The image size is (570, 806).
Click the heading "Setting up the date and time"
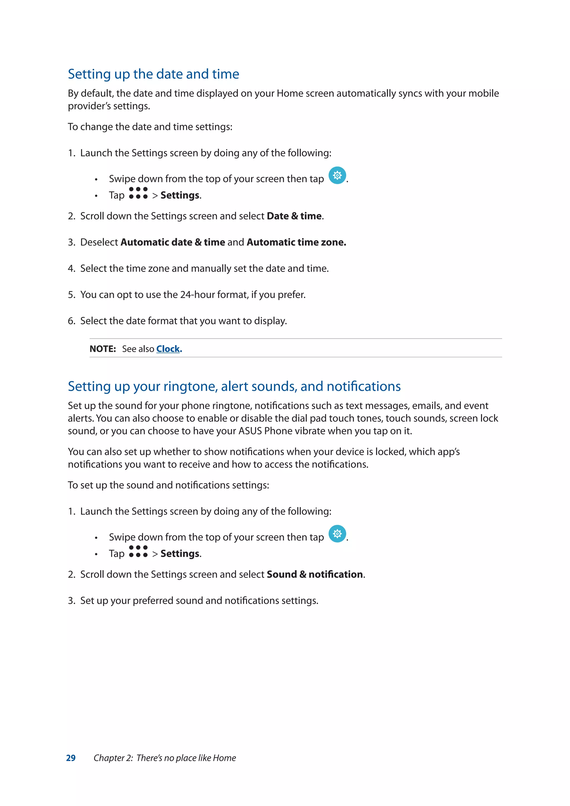pyautogui.click(x=153, y=74)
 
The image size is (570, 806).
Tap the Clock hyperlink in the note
pyautogui.click(x=168, y=349)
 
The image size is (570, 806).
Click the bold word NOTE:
pyautogui.click(x=102, y=349)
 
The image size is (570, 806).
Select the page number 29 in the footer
pyautogui.click(x=71, y=758)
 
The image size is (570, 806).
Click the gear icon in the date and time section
pyautogui.click(x=337, y=175)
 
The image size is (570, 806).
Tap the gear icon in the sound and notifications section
pyautogui.click(x=337, y=534)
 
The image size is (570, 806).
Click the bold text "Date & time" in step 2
pyautogui.click(x=294, y=216)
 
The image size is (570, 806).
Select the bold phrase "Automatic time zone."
pyautogui.click(x=296, y=242)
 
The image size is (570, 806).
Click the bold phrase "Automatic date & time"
pyautogui.click(x=173, y=242)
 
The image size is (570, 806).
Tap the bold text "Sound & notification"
pyautogui.click(x=315, y=574)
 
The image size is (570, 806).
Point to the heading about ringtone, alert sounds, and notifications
pyautogui.click(x=234, y=386)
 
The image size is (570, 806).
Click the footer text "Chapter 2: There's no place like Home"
pyautogui.click(x=164, y=758)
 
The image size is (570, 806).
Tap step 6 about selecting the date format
pyautogui.click(x=183, y=321)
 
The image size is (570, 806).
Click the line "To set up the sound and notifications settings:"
pyautogui.click(x=168, y=485)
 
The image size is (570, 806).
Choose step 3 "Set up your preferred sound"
pyautogui.click(x=199, y=601)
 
